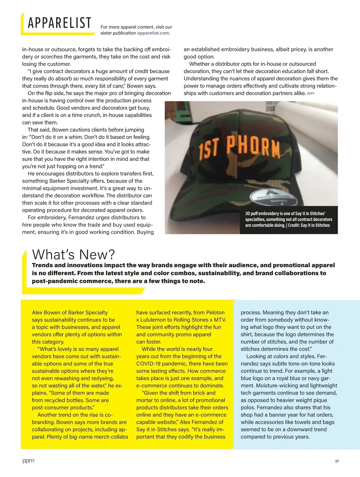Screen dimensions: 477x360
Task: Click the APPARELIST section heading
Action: pos(59,23)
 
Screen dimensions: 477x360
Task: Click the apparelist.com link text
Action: pos(154,33)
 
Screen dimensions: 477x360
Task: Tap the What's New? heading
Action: pos(73,254)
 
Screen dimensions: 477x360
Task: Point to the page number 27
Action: pos(337,461)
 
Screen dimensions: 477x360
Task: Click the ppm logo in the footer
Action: pos(28,461)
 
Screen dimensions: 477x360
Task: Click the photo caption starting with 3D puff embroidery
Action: pos(288,219)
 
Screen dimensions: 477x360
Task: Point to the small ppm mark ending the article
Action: pos(310,93)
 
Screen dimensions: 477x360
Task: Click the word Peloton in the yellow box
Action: pos(215,313)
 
